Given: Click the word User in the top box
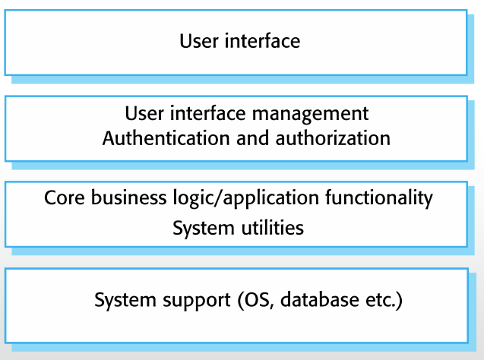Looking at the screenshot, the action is point(199,41).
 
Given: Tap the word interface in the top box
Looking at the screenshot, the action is point(262,41).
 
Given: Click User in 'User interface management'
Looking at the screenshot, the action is point(144,113).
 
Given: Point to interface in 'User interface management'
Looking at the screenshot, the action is point(207,113).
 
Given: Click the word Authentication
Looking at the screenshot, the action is point(166,138).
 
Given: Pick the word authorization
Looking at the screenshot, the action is point(333,138).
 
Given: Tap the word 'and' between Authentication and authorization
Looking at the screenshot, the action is point(253,138).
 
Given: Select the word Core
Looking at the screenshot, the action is point(64,197).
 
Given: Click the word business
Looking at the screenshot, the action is point(128,197).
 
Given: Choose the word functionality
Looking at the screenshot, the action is point(379,198).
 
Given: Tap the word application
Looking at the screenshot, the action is point(271,198).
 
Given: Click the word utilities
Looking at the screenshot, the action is point(273,228).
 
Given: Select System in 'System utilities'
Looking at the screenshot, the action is point(204,229).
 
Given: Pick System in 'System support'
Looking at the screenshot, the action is point(125,301).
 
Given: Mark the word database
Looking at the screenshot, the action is point(320,299).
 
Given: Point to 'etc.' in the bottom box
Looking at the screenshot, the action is point(381,300).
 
